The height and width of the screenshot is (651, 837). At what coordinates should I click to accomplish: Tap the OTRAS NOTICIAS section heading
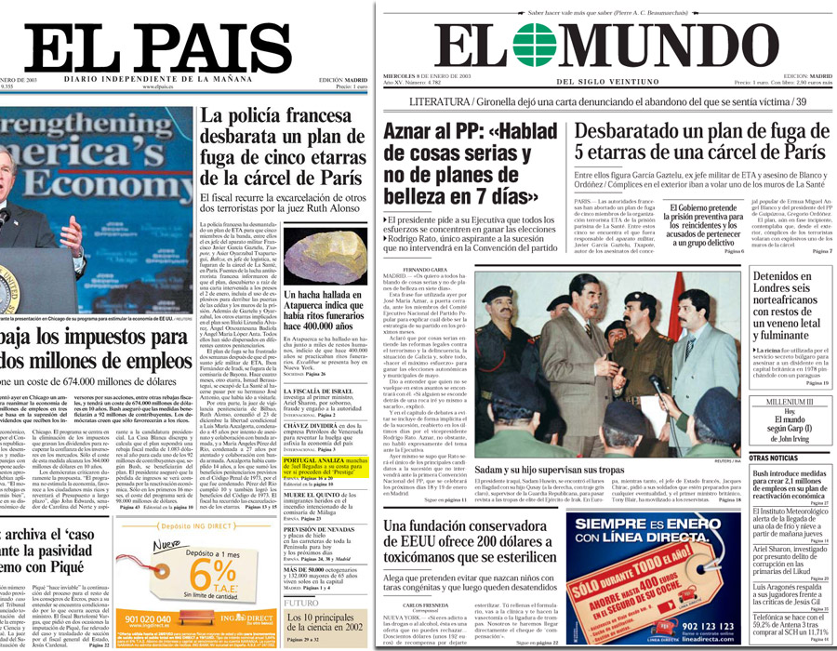click(x=774, y=458)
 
